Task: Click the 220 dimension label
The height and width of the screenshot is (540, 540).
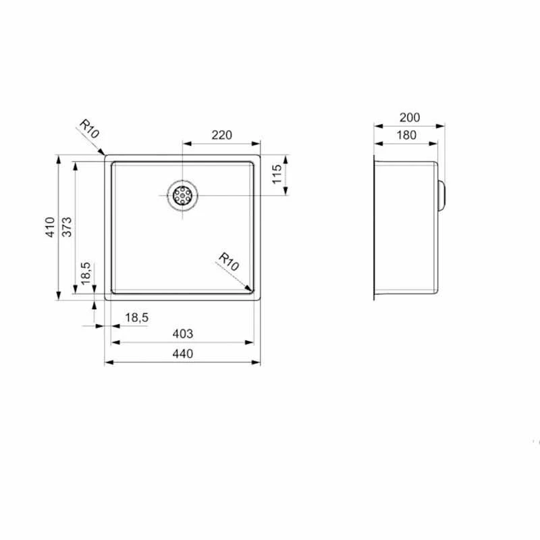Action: [x=222, y=135]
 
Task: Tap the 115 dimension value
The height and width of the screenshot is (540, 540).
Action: [x=277, y=174]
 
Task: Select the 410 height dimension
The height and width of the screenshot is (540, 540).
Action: [x=50, y=227]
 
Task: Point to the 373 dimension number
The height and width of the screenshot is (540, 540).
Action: [x=67, y=227]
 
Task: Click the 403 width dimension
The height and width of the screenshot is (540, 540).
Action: [x=182, y=333]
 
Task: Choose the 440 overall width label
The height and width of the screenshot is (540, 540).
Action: [x=182, y=354]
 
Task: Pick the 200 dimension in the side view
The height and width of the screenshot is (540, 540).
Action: [x=410, y=117]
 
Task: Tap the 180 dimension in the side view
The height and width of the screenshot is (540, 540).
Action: [x=406, y=135]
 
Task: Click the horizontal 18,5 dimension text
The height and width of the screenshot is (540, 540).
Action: [x=137, y=317]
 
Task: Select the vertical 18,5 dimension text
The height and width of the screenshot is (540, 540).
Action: [x=86, y=273]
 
